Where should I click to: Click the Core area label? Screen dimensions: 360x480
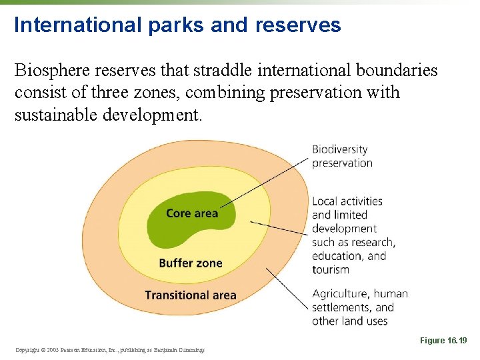click(191, 213)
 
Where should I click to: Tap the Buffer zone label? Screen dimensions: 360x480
click(191, 263)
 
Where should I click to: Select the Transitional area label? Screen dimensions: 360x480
click(191, 295)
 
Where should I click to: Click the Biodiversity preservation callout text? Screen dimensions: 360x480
click(341, 156)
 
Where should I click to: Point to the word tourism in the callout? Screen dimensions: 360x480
click(331, 269)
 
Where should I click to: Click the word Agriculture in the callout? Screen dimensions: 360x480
click(340, 294)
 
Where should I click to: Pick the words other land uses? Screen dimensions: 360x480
click(349, 321)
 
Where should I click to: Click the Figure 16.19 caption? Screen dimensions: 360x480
click(443, 341)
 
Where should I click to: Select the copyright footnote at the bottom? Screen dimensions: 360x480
click(109, 349)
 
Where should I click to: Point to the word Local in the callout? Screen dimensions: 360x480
click(325, 201)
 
